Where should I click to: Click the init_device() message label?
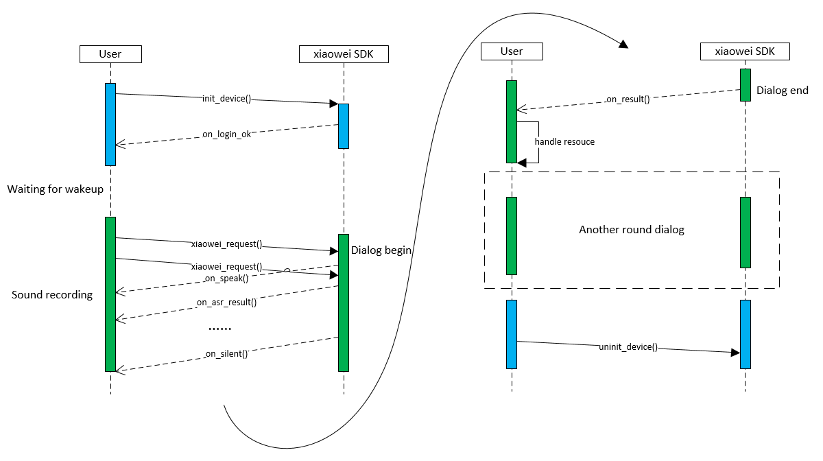pyautogui.click(x=226, y=99)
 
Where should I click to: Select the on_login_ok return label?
pyautogui.click(x=226, y=134)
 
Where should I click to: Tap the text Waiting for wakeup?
pyautogui.click(x=56, y=189)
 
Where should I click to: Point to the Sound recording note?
pyautogui.click(x=52, y=295)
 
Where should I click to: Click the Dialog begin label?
pyautogui.click(x=381, y=250)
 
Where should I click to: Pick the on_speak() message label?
pyautogui.click(x=226, y=279)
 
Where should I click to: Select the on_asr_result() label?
pyautogui.click(x=226, y=302)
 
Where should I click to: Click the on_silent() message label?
pyautogui.click(x=226, y=355)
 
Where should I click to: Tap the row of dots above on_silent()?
pyautogui.click(x=219, y=330)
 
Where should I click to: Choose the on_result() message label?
pyautogui.click(x=628, y=99)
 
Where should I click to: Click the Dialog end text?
pyautogui.click(x=783, y=91)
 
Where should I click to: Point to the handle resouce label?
pyautogui.click(x=564, y=142)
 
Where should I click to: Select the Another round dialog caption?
pyautogui.click(x=632, y=230)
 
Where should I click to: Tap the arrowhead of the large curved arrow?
pyautogui.click(x=623, y=45)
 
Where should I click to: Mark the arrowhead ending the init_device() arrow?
pyautogui.click(x=334, y=104)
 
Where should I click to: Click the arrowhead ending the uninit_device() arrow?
pyautogui.click(x=735, y=353)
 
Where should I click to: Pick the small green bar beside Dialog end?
pyautogui.click(x=745, y=85)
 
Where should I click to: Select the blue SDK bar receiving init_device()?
pyautogui.click(x=344, y=126)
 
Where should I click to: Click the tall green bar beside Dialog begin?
pyautogui.click(x=344, y=303)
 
